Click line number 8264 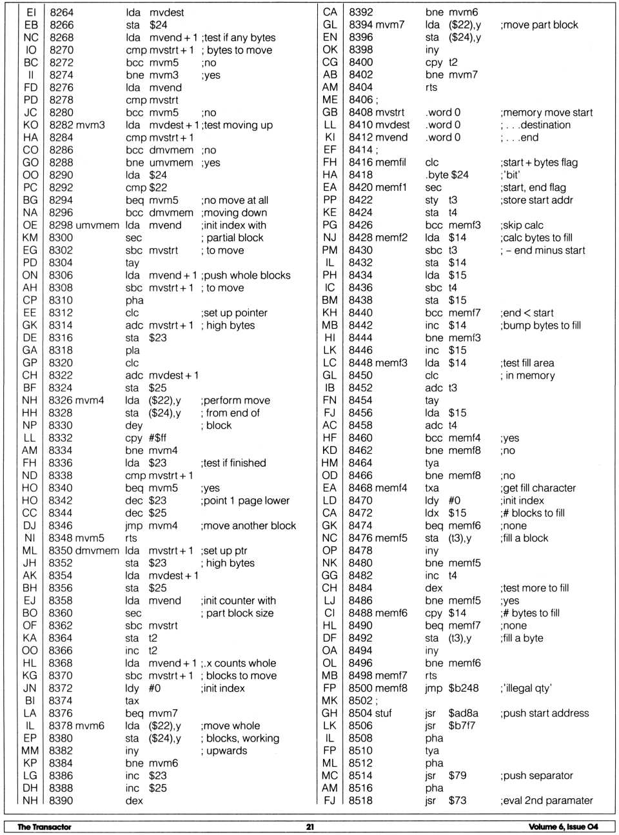[61, 12]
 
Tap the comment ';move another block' [248, 526]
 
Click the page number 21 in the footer [309, 827]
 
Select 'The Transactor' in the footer [44, 827]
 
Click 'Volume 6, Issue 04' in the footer [563, 827]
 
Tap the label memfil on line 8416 [391, 162]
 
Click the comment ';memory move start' [546, 112]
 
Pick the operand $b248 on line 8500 [464, 688]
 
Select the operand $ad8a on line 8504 [463, 713]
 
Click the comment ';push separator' [536, 776]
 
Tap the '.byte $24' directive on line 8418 [447, 175]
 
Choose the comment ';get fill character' [538, 488]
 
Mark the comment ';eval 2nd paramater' [546, 801]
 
